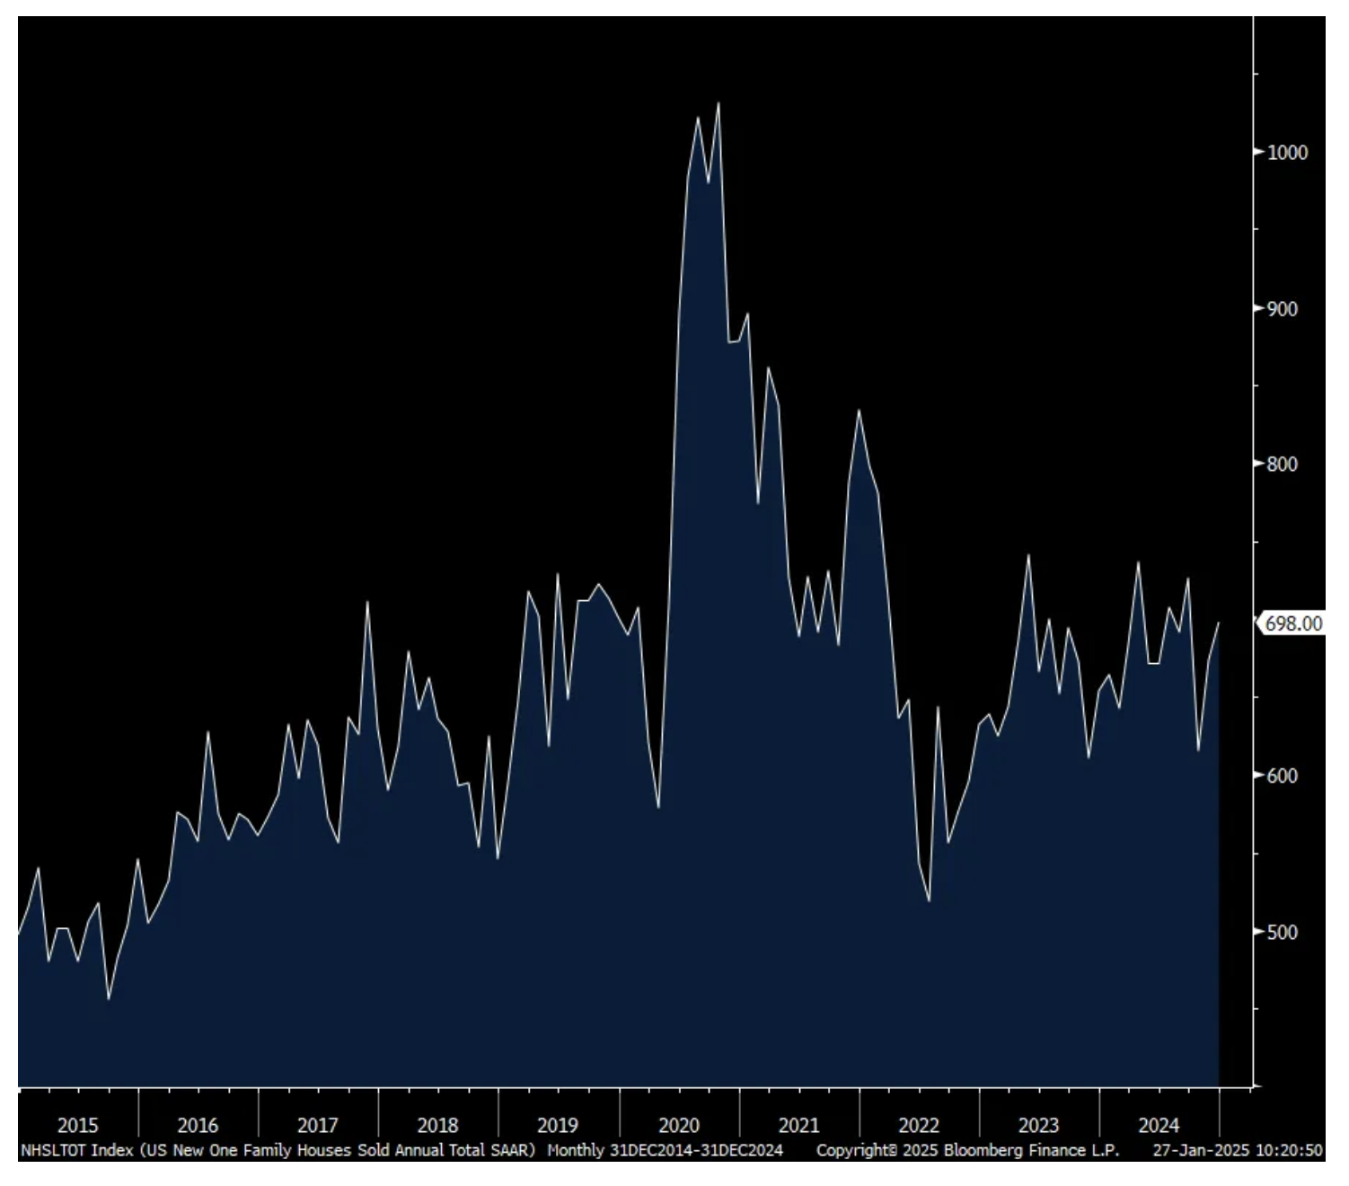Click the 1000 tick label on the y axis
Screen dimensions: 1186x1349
1287,153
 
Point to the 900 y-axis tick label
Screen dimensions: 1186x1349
1283,309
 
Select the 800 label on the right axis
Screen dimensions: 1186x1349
1283,465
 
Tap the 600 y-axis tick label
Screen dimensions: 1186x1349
1283,776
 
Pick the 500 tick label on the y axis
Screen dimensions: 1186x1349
1283,933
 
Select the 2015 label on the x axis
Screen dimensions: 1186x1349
78,1125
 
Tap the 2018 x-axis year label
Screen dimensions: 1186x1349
438,1125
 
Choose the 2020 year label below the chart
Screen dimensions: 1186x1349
679,1125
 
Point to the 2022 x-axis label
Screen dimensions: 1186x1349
919,1125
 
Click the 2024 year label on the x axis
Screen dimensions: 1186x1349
1159,1125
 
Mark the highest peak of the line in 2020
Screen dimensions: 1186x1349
718,103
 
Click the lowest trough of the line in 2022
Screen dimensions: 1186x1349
929,900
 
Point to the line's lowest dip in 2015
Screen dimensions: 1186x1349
109,998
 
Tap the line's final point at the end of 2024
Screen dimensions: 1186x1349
1219,623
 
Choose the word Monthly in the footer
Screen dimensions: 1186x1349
576,1150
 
